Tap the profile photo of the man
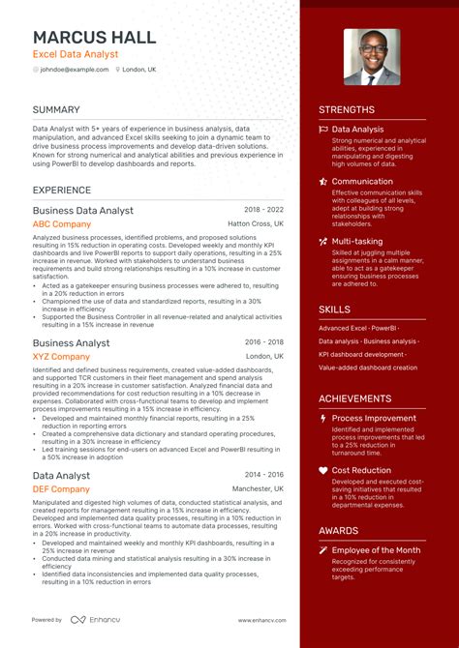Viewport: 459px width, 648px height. coord(372,57)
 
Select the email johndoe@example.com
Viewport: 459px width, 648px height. coord(74,70)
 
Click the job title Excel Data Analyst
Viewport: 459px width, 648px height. coord(76,54)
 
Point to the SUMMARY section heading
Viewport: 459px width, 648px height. coord(56,110)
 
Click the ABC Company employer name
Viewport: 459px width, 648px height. coord(62,224)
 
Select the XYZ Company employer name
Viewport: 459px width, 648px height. coord(61,357)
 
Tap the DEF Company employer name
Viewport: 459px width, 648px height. coord(61,489)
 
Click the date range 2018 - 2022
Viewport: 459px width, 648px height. coord(263,209)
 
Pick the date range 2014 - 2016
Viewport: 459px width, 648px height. coord(263,474)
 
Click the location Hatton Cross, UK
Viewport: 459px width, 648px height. coord(256,224)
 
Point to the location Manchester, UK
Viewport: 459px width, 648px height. coord(258,489)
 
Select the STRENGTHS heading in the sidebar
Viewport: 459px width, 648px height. coord(347,110)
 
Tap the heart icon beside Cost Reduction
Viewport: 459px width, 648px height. coord(323,470)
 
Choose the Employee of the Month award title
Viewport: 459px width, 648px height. coord(376,550)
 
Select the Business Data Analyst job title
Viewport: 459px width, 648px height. coord(83,210)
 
